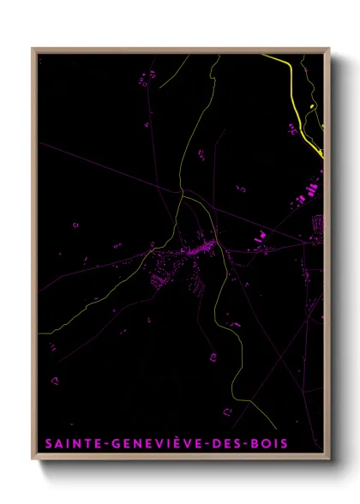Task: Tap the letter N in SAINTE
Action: [74, 443]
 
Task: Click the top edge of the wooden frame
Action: [180, 49]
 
